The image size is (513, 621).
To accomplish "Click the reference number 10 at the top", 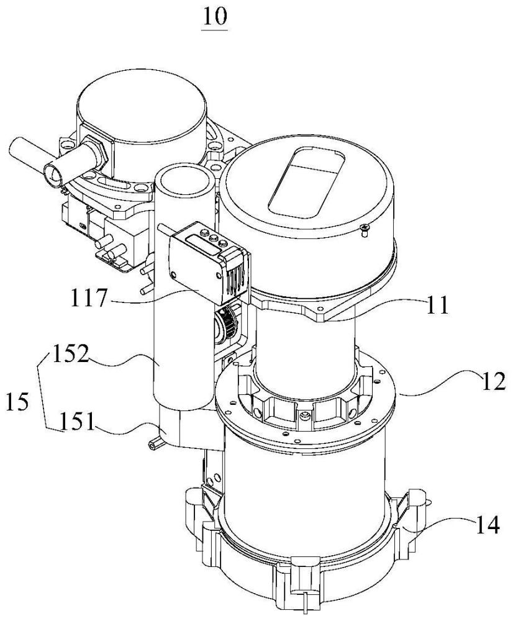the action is tap(215, 16).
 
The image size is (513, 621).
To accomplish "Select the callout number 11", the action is tap(436, 306).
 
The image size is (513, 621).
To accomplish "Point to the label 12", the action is tap(493, 382).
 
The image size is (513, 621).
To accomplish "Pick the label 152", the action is tap(70, 354).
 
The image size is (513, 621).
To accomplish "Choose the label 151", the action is tap(77, 422).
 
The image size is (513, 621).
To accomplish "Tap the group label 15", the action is tap(18, 402).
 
